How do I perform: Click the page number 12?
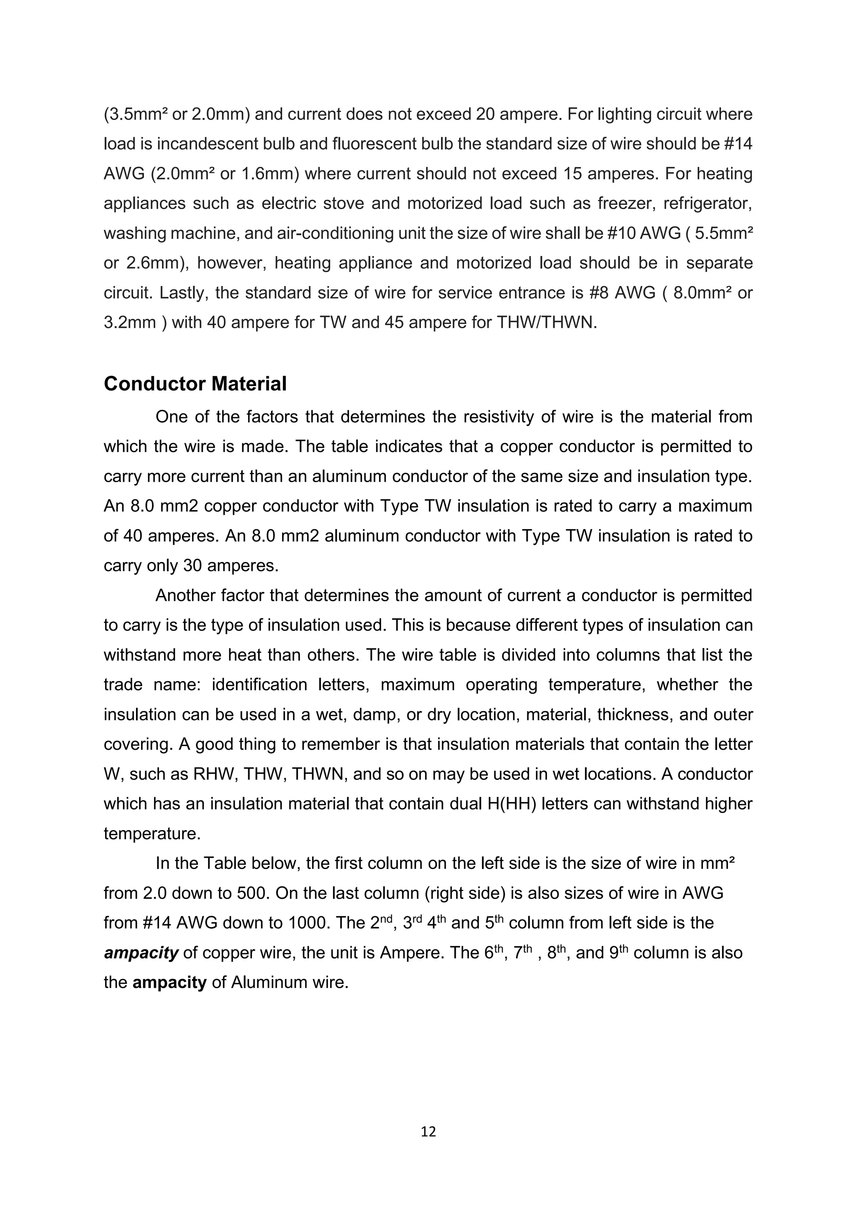tap(428, 1131)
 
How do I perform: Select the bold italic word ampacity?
tap(141, 953)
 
